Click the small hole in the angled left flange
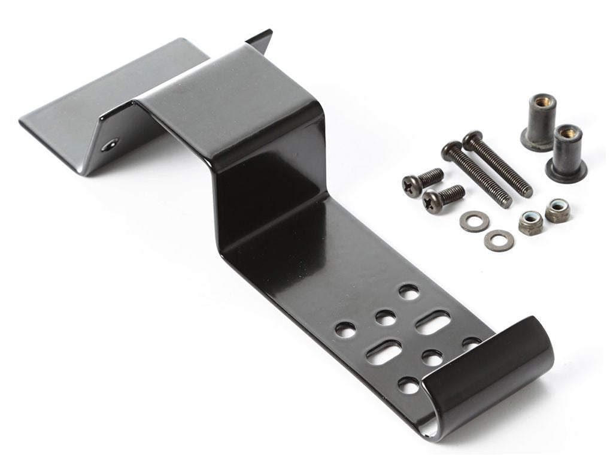point(110,144)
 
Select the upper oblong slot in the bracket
point(432,322)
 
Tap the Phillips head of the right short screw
point(433,201)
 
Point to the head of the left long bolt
point(451,150)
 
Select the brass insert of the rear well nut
point(541,102)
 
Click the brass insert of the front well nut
point(567,131)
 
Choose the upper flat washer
point(474,221)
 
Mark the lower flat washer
point(499,240)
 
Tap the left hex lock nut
point(530,222)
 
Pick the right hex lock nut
point(557,210)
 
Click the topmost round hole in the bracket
point(409,292)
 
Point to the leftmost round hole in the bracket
point(345,328)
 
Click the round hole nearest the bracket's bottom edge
point(409,385)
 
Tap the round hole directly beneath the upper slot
point(432,358)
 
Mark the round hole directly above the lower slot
point(386,317)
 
